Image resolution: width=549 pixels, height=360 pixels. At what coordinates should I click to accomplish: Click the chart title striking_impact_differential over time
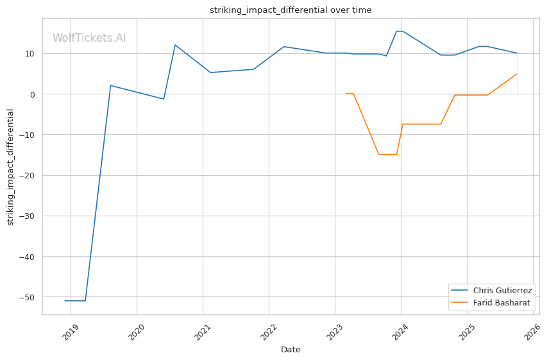coord(291,10)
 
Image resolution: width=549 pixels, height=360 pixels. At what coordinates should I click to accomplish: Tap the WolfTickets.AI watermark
coord(89,38)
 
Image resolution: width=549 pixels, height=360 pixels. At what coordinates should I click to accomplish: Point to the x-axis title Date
coord(291,350)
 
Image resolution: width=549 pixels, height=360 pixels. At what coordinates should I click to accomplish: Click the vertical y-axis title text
coord(10,167)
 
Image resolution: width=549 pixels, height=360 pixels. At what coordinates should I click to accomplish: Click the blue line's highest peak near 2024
coord(399,31)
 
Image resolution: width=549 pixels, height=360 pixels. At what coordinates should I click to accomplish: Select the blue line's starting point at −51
coord(65,300)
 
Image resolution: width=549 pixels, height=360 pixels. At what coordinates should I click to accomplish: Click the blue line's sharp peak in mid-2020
coord(175,45)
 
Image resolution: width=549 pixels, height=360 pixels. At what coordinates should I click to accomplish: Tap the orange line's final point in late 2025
coord(516,74)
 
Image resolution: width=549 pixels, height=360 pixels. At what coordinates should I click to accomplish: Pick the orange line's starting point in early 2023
coord(346,94)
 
